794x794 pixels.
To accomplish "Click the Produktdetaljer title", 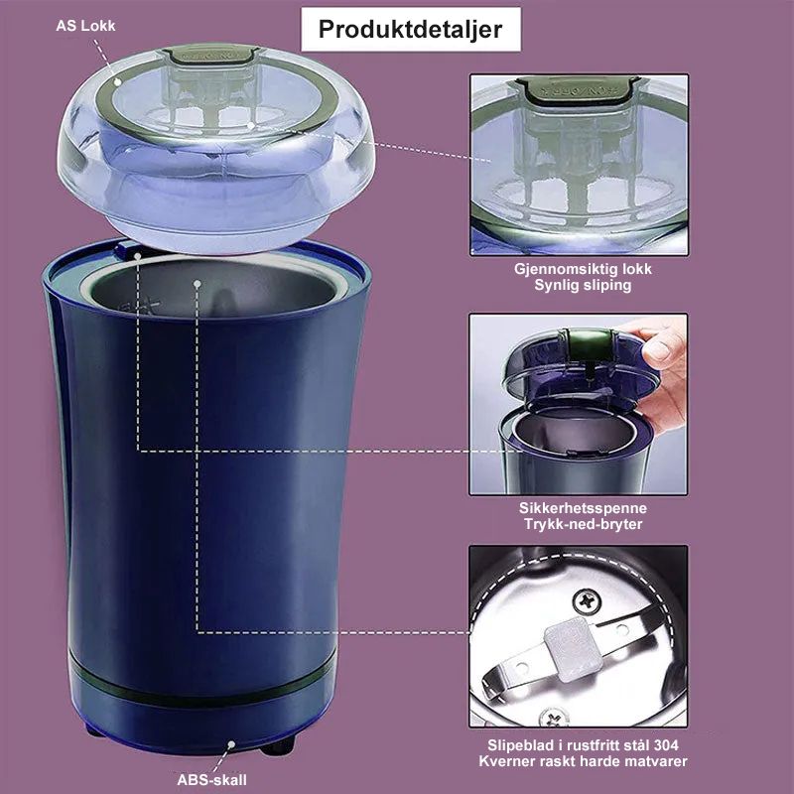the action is pyautogui.click(x=410, y=29).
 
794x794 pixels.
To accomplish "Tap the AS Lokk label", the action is pyautogui.click(x=85, y=26).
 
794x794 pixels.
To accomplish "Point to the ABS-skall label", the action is pyautogui.click(x=211, y=780).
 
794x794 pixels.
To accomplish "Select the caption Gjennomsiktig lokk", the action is pyautogui.click(x=583, y=269).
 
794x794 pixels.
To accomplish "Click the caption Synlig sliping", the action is pyautogui.click(x=583, y=285).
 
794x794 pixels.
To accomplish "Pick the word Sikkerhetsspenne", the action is pyautogui.click(x=583, y=508).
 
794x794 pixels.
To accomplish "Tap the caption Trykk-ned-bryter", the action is pyautogui.click(x=583, y=524).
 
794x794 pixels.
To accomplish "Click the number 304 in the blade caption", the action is pyautogui.click(x=666, y=745).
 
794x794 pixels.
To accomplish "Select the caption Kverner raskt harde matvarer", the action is pyautogui.click(x=583, y=761).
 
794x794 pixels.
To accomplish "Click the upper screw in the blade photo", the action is pyautogui.click(x=588, y=602).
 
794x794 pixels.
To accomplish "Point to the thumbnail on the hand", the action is pyautogui.click(x=657, y=350).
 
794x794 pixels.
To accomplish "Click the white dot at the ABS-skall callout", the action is pyautogui.click(x=231, y=744).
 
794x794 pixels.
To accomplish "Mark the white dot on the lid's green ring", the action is pyautogui.click(x=117, y=82).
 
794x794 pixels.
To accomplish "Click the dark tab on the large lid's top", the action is pyautogui.click(x=211, y=55).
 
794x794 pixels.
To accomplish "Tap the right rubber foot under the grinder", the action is pyautogui.click(x=278, y=745).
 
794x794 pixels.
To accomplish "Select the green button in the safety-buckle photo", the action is pyautogui.click(x=586, y=344).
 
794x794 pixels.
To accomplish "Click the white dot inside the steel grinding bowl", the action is pyautogui.click(x=198, y=284).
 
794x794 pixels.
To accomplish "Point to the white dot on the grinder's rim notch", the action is pyautogui.click(x=137, y=256).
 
